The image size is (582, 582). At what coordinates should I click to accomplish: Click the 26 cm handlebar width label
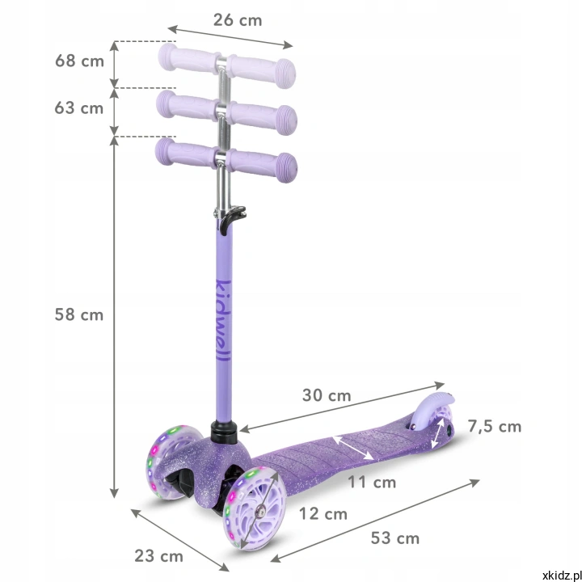(x=238, y=20)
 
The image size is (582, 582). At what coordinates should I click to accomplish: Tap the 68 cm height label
(x=79, y=61)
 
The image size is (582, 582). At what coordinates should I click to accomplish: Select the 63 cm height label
(x=78, y=108)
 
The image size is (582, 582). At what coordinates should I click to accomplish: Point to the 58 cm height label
(x=78, y=314)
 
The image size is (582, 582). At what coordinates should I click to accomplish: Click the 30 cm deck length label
(x=327, y=395)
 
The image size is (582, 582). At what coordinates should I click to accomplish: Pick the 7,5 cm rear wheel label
(x=495, y=427)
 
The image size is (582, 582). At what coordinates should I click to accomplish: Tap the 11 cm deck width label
(x=372, y=483)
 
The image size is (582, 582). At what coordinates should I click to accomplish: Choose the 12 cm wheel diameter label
(x=323, y=514)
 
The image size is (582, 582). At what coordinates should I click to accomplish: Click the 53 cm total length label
(x=395, y=538)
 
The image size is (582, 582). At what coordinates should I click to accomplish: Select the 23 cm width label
(x=159, y=556)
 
